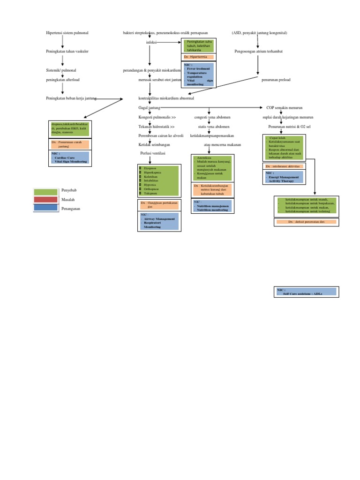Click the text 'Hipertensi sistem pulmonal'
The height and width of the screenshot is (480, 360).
point(67,33)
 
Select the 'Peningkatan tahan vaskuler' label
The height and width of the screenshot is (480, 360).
point(67,51)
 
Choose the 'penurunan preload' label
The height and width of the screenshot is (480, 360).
point(276,80)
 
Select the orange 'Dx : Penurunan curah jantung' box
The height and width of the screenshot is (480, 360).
point(70,144)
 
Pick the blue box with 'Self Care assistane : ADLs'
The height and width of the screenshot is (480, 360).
point(306,292)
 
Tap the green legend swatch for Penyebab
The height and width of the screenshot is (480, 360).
point(45,191)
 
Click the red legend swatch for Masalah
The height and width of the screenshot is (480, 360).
point(45,200)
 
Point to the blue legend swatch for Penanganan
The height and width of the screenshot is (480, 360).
point(45,208)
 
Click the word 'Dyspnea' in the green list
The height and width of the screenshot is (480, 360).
point(150,168)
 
